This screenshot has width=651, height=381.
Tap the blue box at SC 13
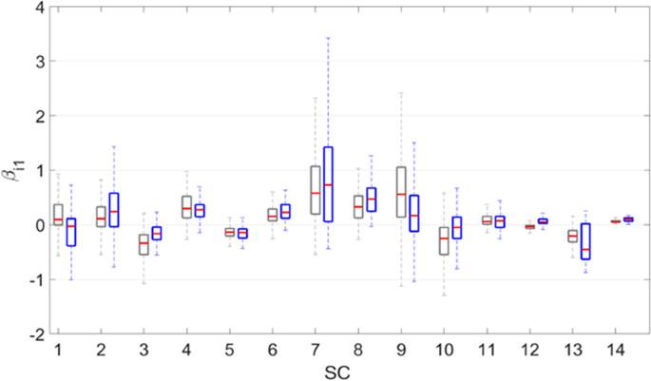(x=585, y=241)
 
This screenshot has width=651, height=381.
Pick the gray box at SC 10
(x=444, y=240)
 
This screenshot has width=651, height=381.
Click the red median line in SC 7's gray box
(x=315, y=193)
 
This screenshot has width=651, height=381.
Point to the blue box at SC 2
(x=114, y=209)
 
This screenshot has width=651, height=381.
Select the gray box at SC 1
(x=58, y=214)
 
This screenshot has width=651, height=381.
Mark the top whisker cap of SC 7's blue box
(x=328, y=38)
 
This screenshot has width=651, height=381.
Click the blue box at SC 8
(x=371, y=200)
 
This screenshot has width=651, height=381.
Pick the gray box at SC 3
(x=144, y=244)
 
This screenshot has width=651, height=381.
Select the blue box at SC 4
(x=200, y=210)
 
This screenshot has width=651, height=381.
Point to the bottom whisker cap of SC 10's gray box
(x=444, y=295)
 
